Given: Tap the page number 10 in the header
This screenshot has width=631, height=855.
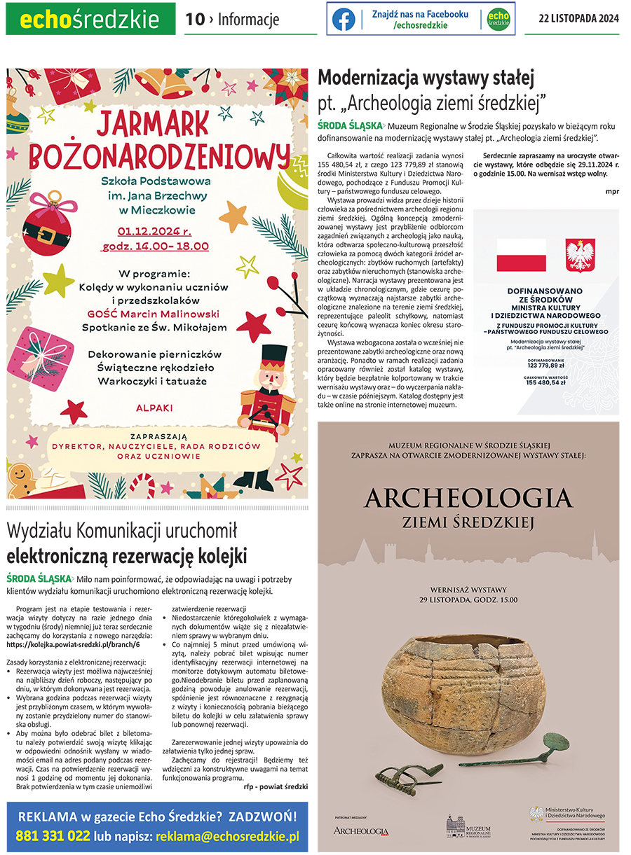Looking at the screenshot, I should [x=194, y=20].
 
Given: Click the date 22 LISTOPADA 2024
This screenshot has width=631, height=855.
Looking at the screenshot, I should [x=578, y=19].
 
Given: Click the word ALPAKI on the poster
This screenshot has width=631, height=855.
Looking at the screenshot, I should [x=155, y=407].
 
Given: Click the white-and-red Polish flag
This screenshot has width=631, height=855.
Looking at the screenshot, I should [x=521, y=255].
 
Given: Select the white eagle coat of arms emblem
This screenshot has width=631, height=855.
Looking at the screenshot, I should [x=580, y=255].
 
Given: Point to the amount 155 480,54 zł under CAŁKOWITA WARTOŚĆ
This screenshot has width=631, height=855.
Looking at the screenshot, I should [x=546, y=383].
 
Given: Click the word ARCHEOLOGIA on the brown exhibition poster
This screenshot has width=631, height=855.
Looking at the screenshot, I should [x=468, y=499].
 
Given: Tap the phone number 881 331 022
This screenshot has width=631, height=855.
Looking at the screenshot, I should [x=53, y=836].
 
